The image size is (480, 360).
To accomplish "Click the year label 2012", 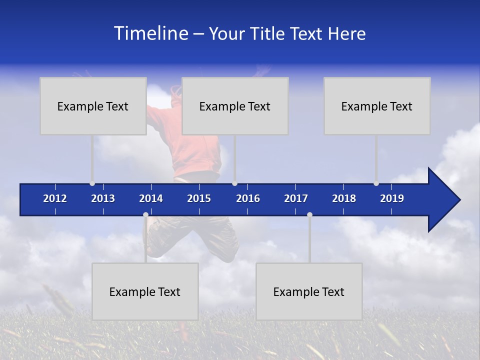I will [55, 198].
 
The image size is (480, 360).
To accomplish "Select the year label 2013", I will [103, 198].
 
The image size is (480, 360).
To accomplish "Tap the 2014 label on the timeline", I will [151, 198].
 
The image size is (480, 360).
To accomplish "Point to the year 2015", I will [199, 198].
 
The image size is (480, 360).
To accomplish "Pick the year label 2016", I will [248, 198].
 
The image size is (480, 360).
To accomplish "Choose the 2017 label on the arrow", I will [296, 198].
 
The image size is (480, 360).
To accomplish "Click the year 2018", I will [344, 198].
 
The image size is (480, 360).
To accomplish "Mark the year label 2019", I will [392, 198].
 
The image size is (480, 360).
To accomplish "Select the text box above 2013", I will [93, 106].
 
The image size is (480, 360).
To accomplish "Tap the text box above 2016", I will [235, 106].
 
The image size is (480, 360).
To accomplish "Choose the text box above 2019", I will [377, 106].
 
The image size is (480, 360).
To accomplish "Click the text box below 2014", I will [145, 291].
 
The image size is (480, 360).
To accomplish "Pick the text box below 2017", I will [309, 291].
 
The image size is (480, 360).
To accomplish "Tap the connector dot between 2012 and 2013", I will [92, 183].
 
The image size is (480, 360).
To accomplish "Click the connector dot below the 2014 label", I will [145, 215].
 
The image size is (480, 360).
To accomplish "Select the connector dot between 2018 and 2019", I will [376, 183].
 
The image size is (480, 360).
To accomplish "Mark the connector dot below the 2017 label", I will [309, 215].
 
